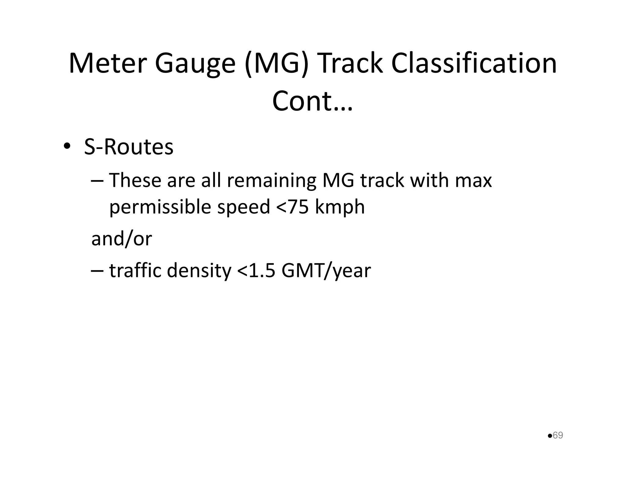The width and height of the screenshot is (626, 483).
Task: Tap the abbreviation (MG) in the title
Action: coord(276,64)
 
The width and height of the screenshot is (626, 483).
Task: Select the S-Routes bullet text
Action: coord(129,147)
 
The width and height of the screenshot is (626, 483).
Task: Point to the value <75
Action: coord(292,207)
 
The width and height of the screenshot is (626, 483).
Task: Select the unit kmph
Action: coord(340,207)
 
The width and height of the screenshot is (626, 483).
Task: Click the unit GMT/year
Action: coord(326,271)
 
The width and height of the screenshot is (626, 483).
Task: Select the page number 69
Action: coord(558,435)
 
